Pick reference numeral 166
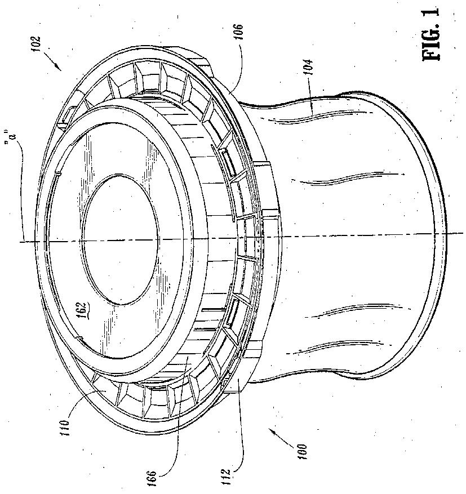pos(152,477)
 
